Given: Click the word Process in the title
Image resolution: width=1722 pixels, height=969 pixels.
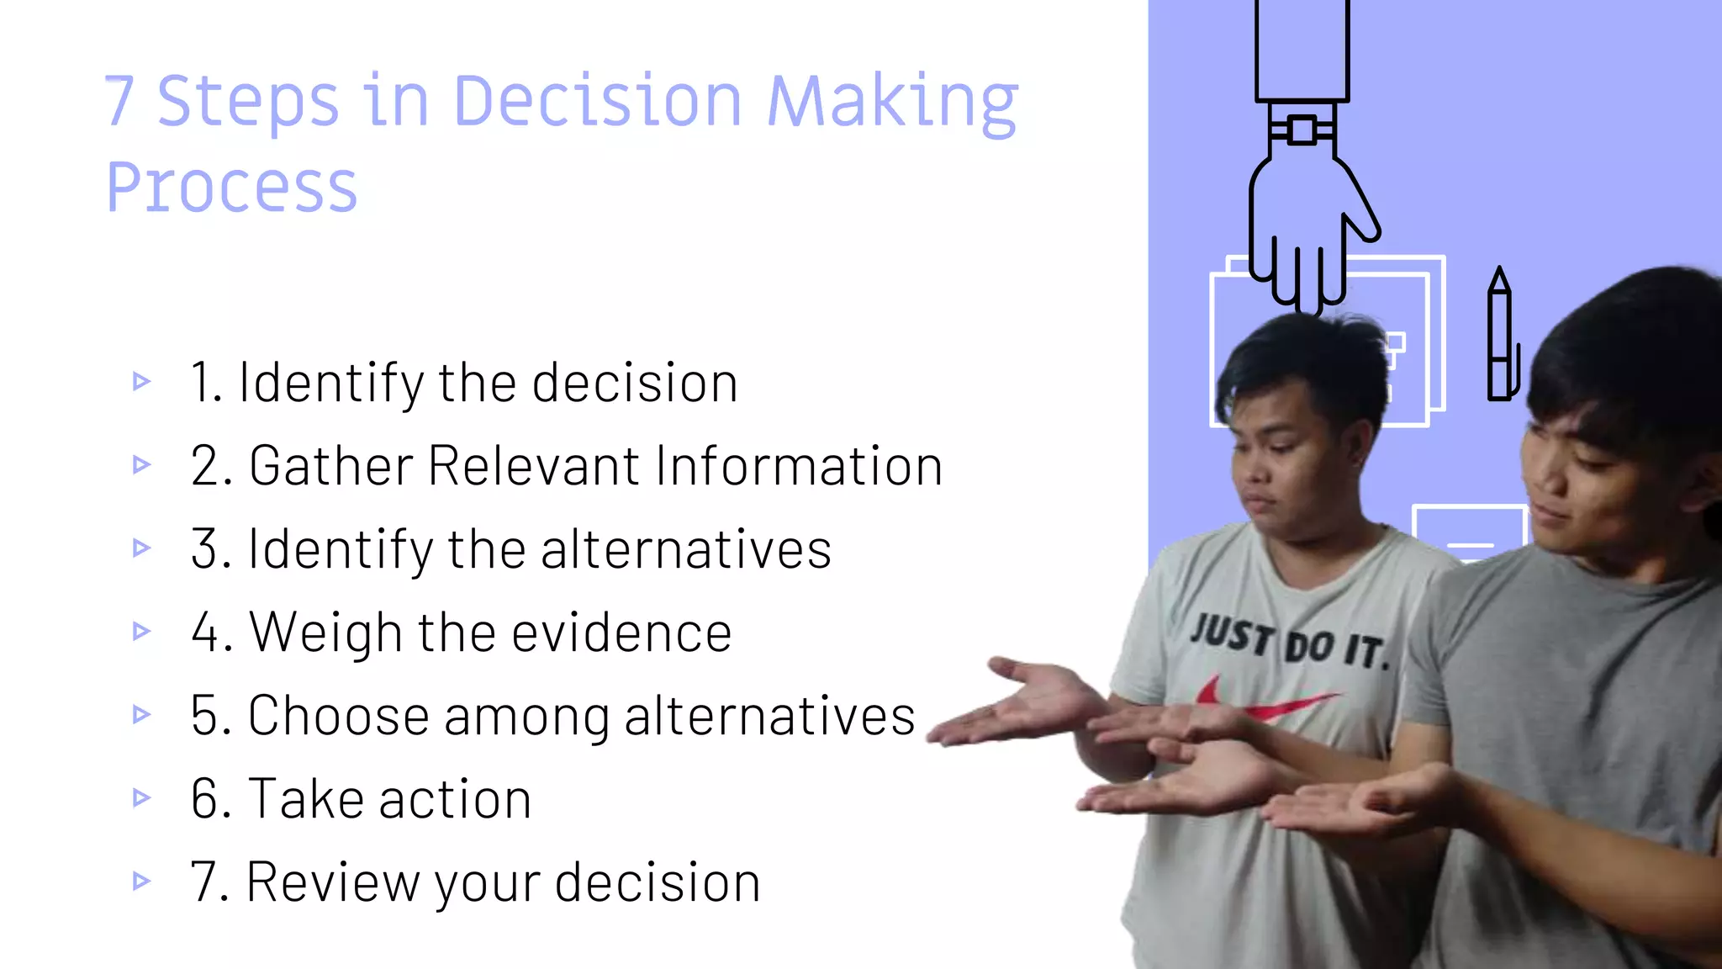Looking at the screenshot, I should click(x=232, y=187).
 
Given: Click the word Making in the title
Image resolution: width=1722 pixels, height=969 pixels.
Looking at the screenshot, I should click(x=892, y=103).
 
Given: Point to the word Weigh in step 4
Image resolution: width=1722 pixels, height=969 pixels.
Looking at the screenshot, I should click(x=325, y=633).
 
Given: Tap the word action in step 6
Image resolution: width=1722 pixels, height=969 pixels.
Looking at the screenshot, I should click(x=455, y=799).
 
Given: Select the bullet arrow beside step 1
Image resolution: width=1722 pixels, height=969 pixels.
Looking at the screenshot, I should click(x=141, y=382).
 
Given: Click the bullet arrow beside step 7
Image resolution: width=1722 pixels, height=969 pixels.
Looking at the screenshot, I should click(x=141, y=881).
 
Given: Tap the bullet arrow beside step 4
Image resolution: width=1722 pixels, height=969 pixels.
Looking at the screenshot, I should click(x=141, y=631).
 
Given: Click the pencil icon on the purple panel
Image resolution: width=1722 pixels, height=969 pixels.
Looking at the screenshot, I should click(x=1500, y=336).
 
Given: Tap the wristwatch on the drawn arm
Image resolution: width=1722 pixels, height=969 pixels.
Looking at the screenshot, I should click(x=1302, y=130).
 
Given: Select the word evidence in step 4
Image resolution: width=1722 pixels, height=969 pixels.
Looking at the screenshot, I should click(x=622, y=633).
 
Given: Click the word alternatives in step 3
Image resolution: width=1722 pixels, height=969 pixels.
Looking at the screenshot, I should click(x=685, y=549).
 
